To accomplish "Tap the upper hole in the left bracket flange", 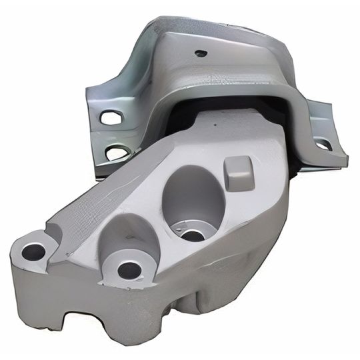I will (108, 119).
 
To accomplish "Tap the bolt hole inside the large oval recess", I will (193, 235).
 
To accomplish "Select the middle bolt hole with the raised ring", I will (129, 269).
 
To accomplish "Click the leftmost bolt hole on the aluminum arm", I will (32, 251).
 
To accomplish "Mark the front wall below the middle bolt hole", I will (133, 307).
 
